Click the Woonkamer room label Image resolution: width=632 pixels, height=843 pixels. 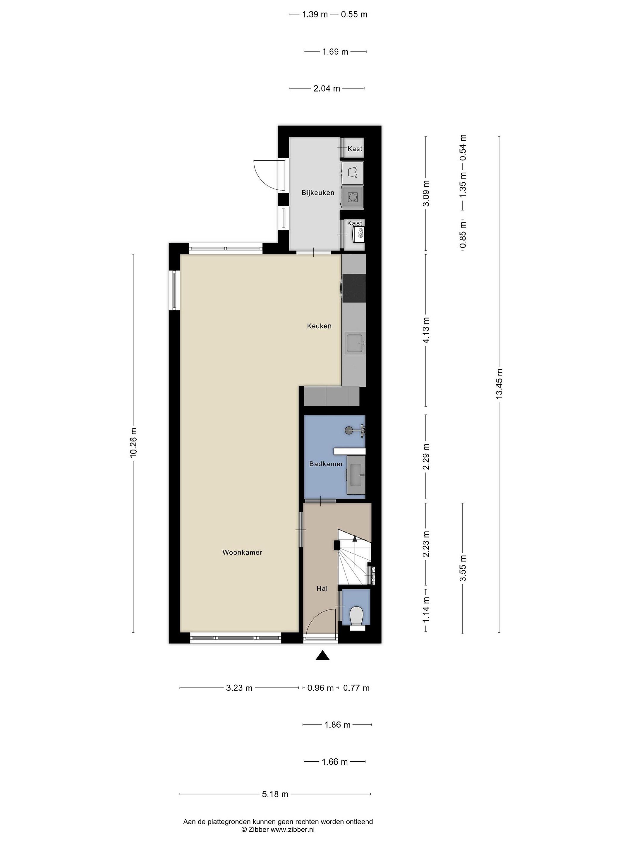[242, 552]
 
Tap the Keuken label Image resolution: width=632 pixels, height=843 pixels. [319, 326]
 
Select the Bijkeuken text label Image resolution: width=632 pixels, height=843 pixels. [318, 193]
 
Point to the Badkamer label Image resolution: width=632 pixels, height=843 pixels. [326, 464]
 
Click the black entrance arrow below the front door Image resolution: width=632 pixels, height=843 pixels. [322, 655]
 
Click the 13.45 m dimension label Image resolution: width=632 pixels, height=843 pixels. [499, 384]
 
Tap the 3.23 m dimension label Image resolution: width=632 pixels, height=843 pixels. [239, 688]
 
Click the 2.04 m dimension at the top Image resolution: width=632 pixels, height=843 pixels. [327, 88]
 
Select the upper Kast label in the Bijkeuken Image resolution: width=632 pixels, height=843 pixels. [355, 149]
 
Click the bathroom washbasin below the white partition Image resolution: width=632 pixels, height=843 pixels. [356, 475]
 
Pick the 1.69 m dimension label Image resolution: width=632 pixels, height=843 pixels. [335, 52]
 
